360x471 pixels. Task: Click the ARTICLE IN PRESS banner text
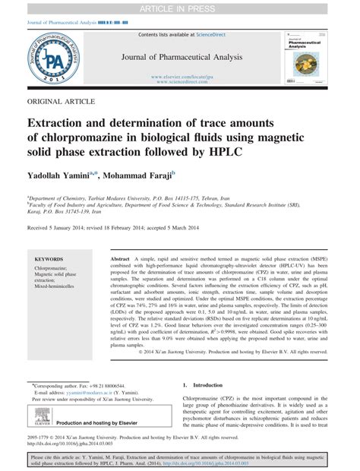[x=179, y=7]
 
